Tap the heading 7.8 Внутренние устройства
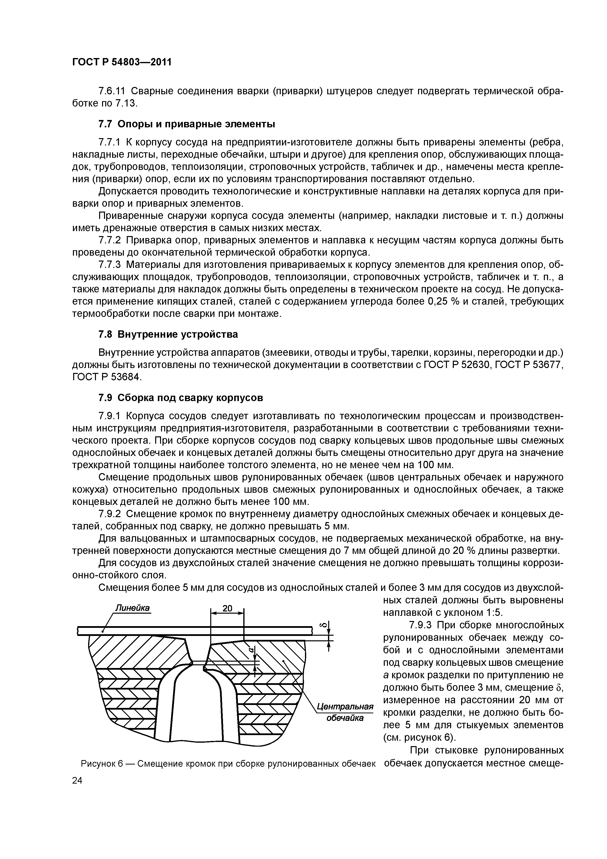pos(168,334)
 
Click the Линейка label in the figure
pos(132,608)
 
